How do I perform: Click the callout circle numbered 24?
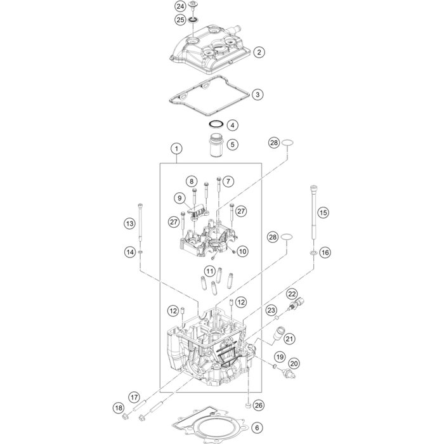(180, 6)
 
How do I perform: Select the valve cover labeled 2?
(211, 49)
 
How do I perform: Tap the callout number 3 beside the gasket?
(258, 95)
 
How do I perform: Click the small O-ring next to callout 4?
(216, 124)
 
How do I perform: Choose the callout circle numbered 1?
(177, 148)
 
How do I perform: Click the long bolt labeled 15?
(314, 213)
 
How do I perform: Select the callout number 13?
(129, 224)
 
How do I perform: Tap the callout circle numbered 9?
(180, 198)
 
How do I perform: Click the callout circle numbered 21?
(289, 339)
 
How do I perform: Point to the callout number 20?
(294, 363)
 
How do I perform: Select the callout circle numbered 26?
(259, 405)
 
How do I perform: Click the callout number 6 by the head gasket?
(257, 428)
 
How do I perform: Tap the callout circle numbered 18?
(119, 408)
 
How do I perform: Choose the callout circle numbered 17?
(134, 397)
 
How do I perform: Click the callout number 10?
(243, 251)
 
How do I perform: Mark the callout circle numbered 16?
(325, 252)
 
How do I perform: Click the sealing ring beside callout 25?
(193, 20)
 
